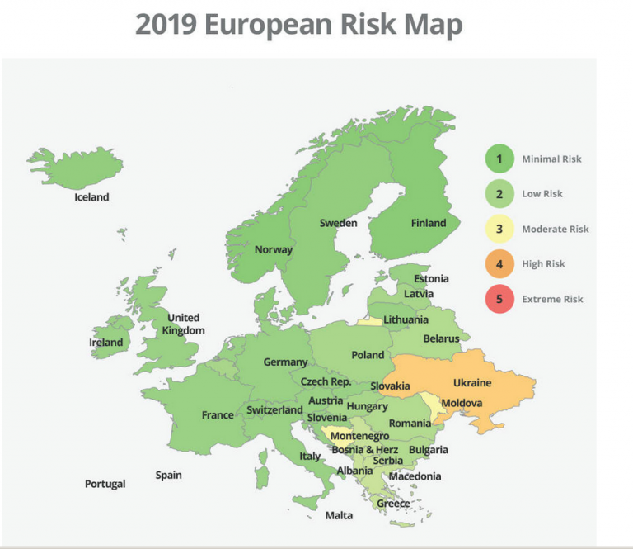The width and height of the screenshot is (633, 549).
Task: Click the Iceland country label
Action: (91, 197)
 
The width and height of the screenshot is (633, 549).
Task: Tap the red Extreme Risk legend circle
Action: (499, 299)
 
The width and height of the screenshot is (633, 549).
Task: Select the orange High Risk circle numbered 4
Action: (499, 264)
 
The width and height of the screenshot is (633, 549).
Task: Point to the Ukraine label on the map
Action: (472, 383)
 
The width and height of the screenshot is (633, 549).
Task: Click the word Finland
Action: (429, 223)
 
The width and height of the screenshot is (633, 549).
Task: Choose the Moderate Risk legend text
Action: (555, 229)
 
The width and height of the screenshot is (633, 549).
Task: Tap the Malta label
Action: (339, 516)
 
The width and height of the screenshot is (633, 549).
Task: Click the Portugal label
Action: (105, 484)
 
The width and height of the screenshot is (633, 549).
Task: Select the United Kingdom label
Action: (184, 324)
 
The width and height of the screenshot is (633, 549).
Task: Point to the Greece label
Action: (393, 504)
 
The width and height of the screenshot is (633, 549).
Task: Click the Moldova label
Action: (462, 403)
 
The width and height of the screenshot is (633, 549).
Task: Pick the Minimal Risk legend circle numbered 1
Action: (499, 159)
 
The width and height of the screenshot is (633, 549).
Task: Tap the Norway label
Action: (274, 250)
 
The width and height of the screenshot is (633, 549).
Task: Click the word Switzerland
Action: (274, 410)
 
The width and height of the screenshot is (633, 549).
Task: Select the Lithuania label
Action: (406, 319)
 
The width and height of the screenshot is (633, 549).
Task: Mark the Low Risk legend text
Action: (542, 194)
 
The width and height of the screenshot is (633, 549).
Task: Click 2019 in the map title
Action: (166, 25)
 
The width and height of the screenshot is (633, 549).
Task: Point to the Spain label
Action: (169, 476)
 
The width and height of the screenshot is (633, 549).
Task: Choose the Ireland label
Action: (106, 343)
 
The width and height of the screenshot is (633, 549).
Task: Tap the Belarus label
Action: (441, 338)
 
